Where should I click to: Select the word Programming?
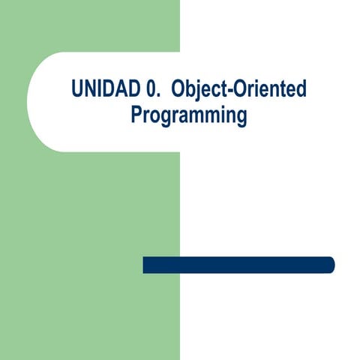click(x=189, y=115)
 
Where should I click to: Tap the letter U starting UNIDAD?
click(x=77, y=89)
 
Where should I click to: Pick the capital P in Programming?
click(x=136, y=115)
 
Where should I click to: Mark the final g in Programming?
click(x=240, y=118)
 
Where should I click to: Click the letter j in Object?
click(x=196, y=91)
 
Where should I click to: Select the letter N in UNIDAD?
click(x=89, y=89)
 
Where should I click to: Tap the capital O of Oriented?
click(x=238, y=89)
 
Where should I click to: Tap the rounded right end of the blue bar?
click(x=330, y=265)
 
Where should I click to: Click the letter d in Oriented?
click(x=301, y=89)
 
